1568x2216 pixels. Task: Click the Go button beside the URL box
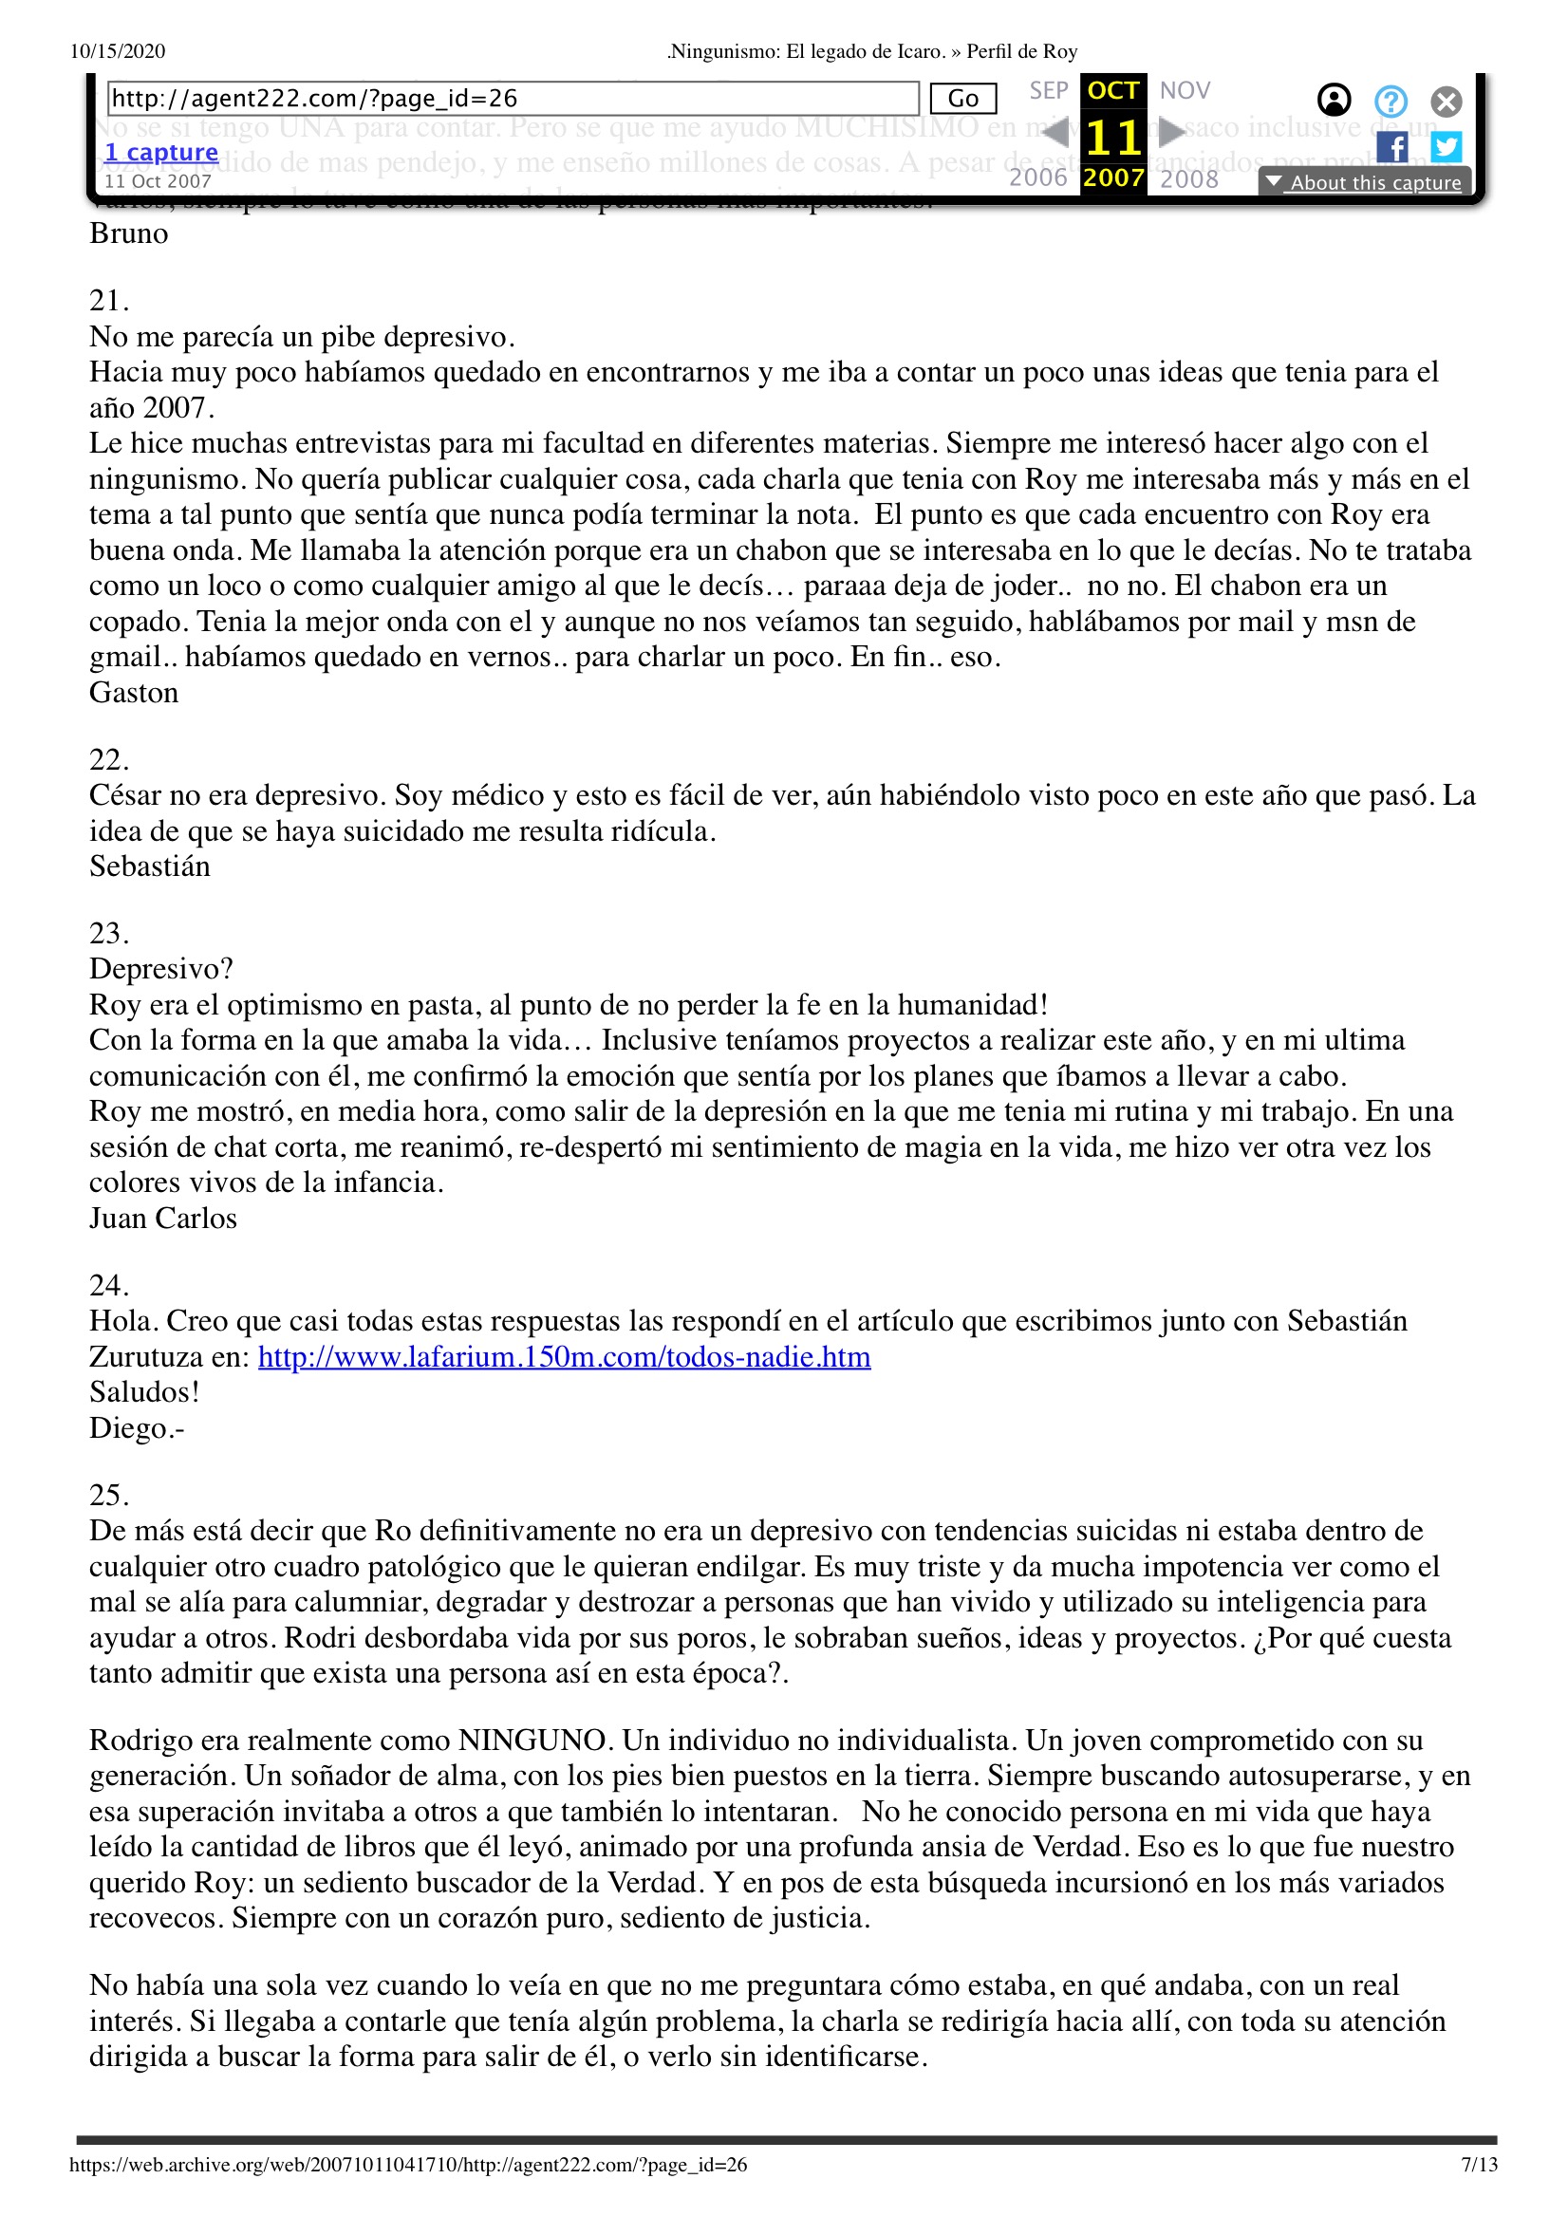pyautogui.click(x=961, y=99)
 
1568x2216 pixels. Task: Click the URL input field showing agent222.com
pyautogui.click(x=512, y=99)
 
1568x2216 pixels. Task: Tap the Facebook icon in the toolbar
pyautogui.click(x=1391, y=148)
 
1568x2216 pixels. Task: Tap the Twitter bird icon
pyautogui.click(x=1446, y=147)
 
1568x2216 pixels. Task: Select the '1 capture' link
pyautogui.click(x=161, y=153)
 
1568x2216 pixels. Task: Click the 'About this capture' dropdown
pyautogui.click(x=1364, y=182)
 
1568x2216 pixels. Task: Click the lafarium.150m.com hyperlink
pyautogui.click(x=564, y=1357)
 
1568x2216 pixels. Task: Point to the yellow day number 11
pyautogui.click(x=1113, y=137)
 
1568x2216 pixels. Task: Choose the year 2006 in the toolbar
pyautogui.click(x=1038, y=177)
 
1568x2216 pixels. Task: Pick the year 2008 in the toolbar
pyautogui.click(x=1188, y=178)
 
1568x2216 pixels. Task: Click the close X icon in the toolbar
pyautogui.click(x=1446, y=102)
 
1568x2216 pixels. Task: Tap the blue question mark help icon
pyautogui.click(x=1391, y=102)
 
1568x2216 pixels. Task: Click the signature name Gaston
pyautogui.click(x=134, y=693)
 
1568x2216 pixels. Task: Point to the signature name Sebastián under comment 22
pyautogui.click(x=150, y=866)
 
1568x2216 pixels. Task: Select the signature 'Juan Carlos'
pyautogui.click(x=163, y=1219)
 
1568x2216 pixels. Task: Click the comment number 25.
pyautogui.click(x=108, y=1495)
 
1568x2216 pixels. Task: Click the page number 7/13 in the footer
pyautogui.click(x=1478, y=2165)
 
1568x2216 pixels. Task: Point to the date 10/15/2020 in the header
pyautogui.click(x=118, y=51)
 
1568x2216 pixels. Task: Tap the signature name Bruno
pyautogui.click(x=128, y=233)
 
